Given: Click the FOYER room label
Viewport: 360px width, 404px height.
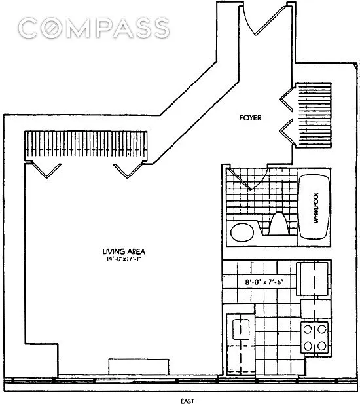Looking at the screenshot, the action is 250,118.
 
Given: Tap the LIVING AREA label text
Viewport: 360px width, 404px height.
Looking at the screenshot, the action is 124,251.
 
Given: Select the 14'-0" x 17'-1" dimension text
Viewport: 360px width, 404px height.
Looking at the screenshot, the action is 123,259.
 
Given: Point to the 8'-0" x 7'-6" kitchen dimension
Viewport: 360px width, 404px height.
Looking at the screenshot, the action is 264,282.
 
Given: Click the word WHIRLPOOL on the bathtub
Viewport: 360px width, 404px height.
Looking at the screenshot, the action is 316,208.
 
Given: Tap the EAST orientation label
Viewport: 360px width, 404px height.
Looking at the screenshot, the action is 187,401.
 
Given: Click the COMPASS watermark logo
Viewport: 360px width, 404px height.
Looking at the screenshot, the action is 94,28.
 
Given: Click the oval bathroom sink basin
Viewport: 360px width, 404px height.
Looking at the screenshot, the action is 242,232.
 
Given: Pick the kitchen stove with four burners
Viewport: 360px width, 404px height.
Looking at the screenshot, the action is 315,337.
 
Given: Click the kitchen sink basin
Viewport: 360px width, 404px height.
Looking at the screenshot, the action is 241,329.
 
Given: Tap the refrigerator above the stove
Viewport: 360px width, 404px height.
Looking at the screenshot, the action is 313,278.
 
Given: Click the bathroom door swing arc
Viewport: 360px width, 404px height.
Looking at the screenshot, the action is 247,179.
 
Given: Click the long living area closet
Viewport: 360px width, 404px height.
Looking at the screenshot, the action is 86,145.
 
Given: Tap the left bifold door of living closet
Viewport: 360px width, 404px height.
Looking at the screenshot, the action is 46,170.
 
